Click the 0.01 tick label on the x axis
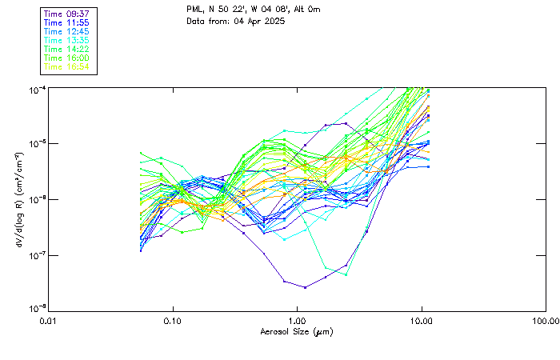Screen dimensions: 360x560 [x=49, y=321]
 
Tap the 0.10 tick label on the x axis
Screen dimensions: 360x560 [x=173, y=321]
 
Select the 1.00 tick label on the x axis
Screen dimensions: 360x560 [x=298, y=321]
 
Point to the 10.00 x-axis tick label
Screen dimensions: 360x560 [x=422, y=321]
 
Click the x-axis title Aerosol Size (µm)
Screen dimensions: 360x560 [x=297, y=331]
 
